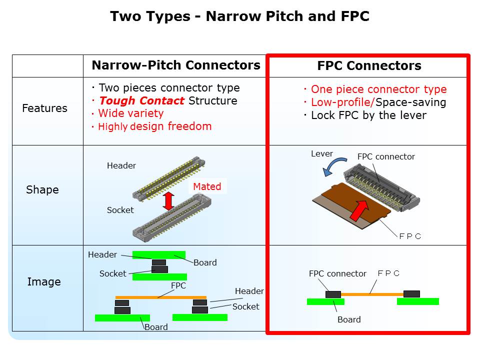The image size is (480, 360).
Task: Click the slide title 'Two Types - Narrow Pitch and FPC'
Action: click(239, 16)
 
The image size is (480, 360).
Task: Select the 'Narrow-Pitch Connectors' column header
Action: click(175, 65)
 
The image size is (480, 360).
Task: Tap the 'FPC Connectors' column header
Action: click(369, 66)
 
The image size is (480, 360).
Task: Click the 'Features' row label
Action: click(44, 108)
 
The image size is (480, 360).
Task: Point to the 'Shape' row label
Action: click(42, 190)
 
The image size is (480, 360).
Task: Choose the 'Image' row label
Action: click(44, 281)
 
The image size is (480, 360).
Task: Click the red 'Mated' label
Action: click(207, 186)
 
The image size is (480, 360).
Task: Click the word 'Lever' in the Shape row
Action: click(322, 153)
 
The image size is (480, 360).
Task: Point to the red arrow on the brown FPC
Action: click(361, 208)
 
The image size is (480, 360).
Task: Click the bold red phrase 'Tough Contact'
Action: click(141, 101)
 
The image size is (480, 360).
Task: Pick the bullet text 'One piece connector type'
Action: click(378, 90)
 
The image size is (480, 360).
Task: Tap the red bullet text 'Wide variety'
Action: click(130, 113)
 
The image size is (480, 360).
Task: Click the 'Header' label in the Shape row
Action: click(121, 166)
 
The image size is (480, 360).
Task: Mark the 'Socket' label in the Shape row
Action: click(120, 210)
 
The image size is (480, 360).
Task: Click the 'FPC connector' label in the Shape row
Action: click(386, 156)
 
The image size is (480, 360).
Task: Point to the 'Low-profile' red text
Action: click(342, 102)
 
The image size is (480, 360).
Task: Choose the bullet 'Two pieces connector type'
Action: click(169, 88)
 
